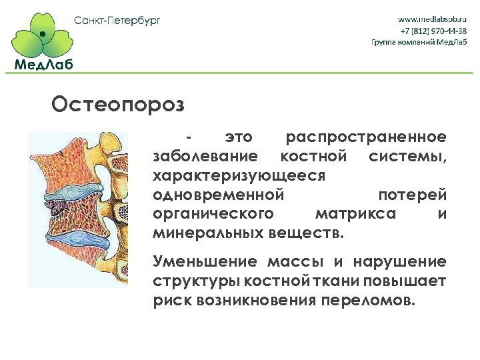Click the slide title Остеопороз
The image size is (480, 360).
click(117, 105)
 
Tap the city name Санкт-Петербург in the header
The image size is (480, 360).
click(117, 20)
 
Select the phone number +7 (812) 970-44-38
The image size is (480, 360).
click(433, 31)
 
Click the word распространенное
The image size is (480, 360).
click(365, 138)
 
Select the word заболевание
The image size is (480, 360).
click(205, 157)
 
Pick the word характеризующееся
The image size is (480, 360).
click(239, 176)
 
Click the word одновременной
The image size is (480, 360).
click(219, 195)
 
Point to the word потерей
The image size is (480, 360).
click(412, 195)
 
